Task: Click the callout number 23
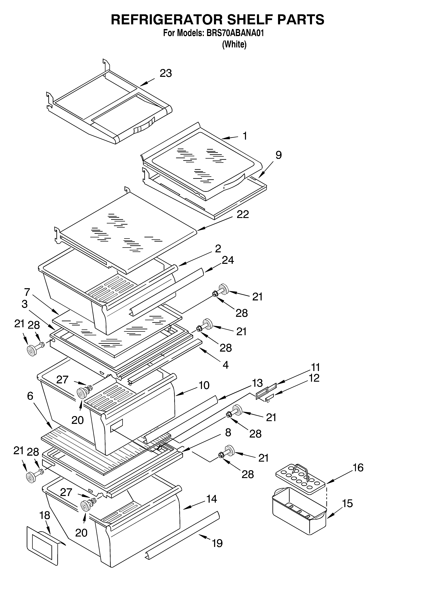point(166,73)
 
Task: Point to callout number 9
point(278,155)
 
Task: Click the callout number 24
point(228,260)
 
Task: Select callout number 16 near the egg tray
point(358,468)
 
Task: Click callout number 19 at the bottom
point(217,543)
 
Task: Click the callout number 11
point(315,367)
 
